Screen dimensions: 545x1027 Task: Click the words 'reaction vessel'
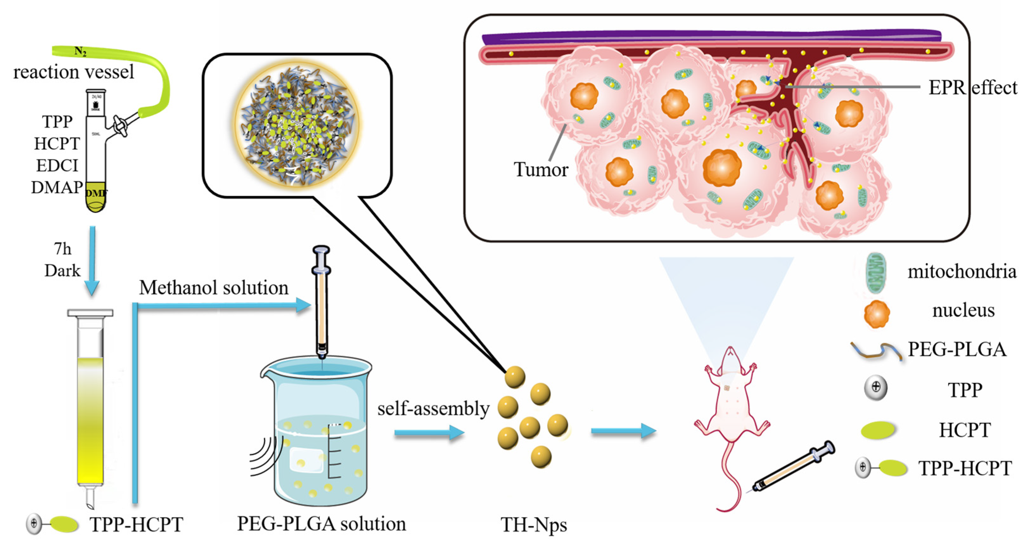click(74, 72)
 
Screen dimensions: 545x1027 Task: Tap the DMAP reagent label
click(57, 187)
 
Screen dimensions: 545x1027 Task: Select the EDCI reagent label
click(57, 165)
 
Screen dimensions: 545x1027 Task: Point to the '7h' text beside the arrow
click(63, 249)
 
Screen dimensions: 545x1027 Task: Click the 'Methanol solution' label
click(214, 288)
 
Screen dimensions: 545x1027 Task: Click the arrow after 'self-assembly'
click(429, 433)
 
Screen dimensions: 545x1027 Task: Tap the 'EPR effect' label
click(973, 88)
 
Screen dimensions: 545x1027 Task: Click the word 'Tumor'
click(541, 170)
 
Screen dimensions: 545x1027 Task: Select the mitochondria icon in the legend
click(876, 273)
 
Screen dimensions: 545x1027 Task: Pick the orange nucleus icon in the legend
click(877, 314)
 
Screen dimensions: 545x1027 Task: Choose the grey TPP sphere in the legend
click(876, 388)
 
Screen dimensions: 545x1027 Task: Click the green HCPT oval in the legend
click(878, 430)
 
